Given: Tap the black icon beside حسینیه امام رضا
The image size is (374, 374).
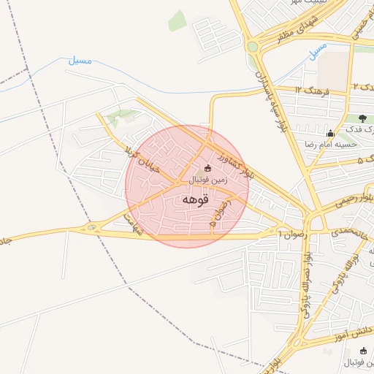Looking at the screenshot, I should pos(330,133).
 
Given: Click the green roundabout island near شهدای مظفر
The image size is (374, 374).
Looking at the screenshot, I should pos(253,47).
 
